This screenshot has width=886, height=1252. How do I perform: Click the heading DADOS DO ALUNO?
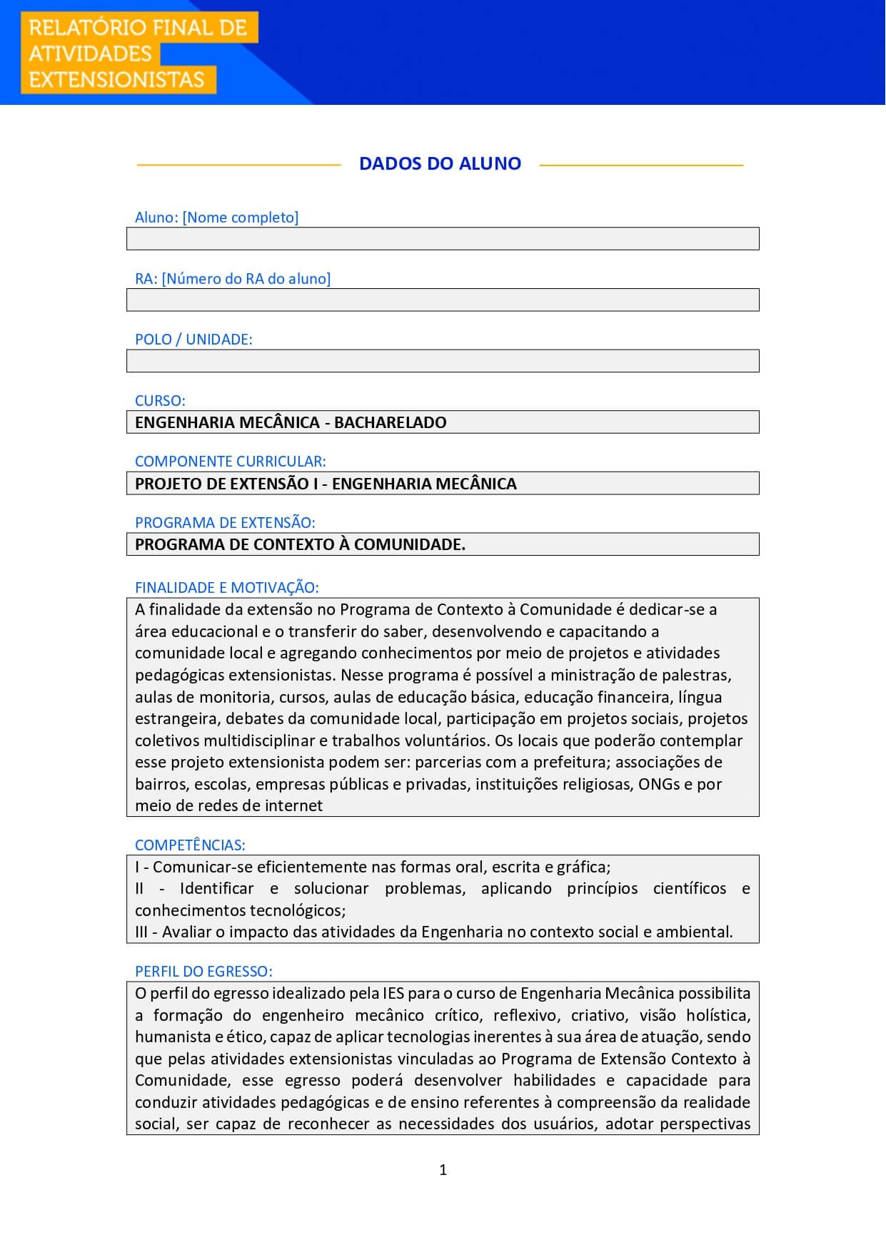[x=440, y=163]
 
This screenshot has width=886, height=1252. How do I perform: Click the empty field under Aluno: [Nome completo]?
[x=443, y=239]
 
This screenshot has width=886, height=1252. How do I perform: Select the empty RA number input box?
[x=443, y=300]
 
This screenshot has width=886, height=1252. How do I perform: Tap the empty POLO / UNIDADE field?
[x=443, y=361]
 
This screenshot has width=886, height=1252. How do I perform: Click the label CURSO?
[x=160, y=401]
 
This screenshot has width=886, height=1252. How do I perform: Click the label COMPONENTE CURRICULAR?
[x=230, y=462]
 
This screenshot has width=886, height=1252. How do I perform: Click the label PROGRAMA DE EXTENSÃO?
[x=225, y=523]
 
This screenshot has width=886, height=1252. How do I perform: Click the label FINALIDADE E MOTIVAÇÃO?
[x=226, y=588]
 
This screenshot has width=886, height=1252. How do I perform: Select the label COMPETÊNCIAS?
[x=190, y=845]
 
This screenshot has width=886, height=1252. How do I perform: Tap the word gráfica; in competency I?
[x=583, y=867]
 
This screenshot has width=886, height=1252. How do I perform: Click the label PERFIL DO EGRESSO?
[x=203, y=972]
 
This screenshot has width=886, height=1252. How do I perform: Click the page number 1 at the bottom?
[x=443, y=1170]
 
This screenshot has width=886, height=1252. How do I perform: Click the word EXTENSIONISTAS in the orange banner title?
[x=116, y=79]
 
